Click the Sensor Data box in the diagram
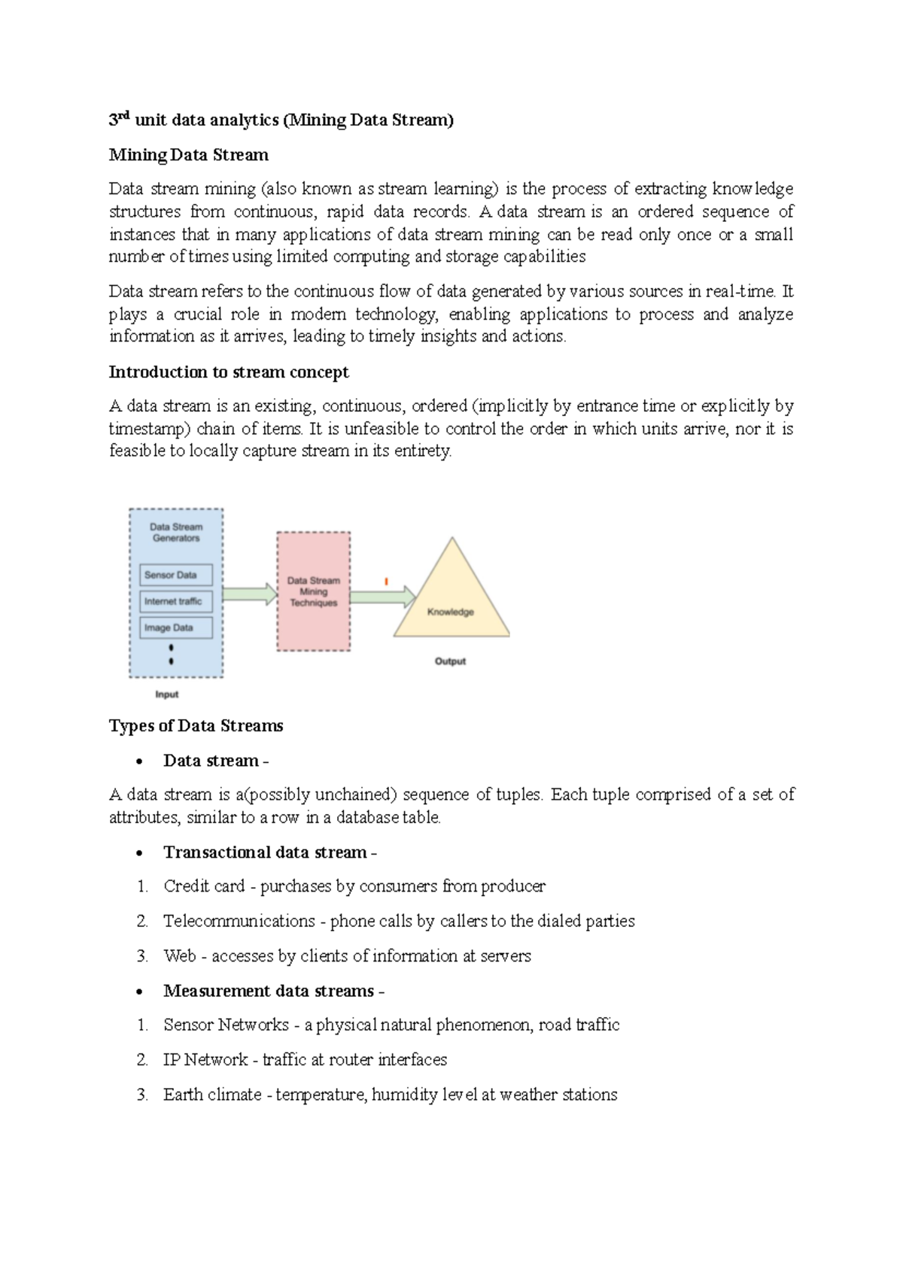point(175,575)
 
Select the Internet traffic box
point(175,601)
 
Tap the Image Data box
point(175,627)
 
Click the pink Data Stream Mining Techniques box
point(313,591)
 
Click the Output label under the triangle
point(450,661)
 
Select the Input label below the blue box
point(166,694)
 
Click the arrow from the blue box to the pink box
point(250,594)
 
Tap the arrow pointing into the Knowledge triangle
point(382,597)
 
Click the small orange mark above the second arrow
point(386,581)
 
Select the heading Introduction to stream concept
point(229,372)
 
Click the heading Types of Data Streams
point(196,725)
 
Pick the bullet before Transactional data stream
point(139,853)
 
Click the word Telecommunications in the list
point(239,921)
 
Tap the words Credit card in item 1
point(204,886)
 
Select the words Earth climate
point(212,1095)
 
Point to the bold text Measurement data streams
point(269,990)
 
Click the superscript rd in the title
point(125,115)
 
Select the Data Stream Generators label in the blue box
point(176,532)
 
